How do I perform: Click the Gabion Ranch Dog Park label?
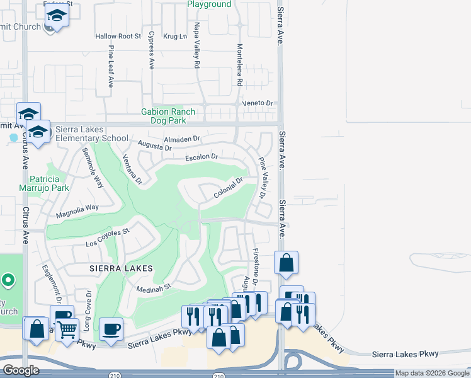[x=168, y=116]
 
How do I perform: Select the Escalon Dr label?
[x=201, y=156]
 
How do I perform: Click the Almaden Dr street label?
[x=181, y=139]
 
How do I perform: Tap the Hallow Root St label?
[x=118, y=37]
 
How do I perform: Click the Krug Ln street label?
[x=175, y=37]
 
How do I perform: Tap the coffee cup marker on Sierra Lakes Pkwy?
[x=111, y=329]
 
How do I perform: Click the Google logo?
[x=21, y=370]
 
